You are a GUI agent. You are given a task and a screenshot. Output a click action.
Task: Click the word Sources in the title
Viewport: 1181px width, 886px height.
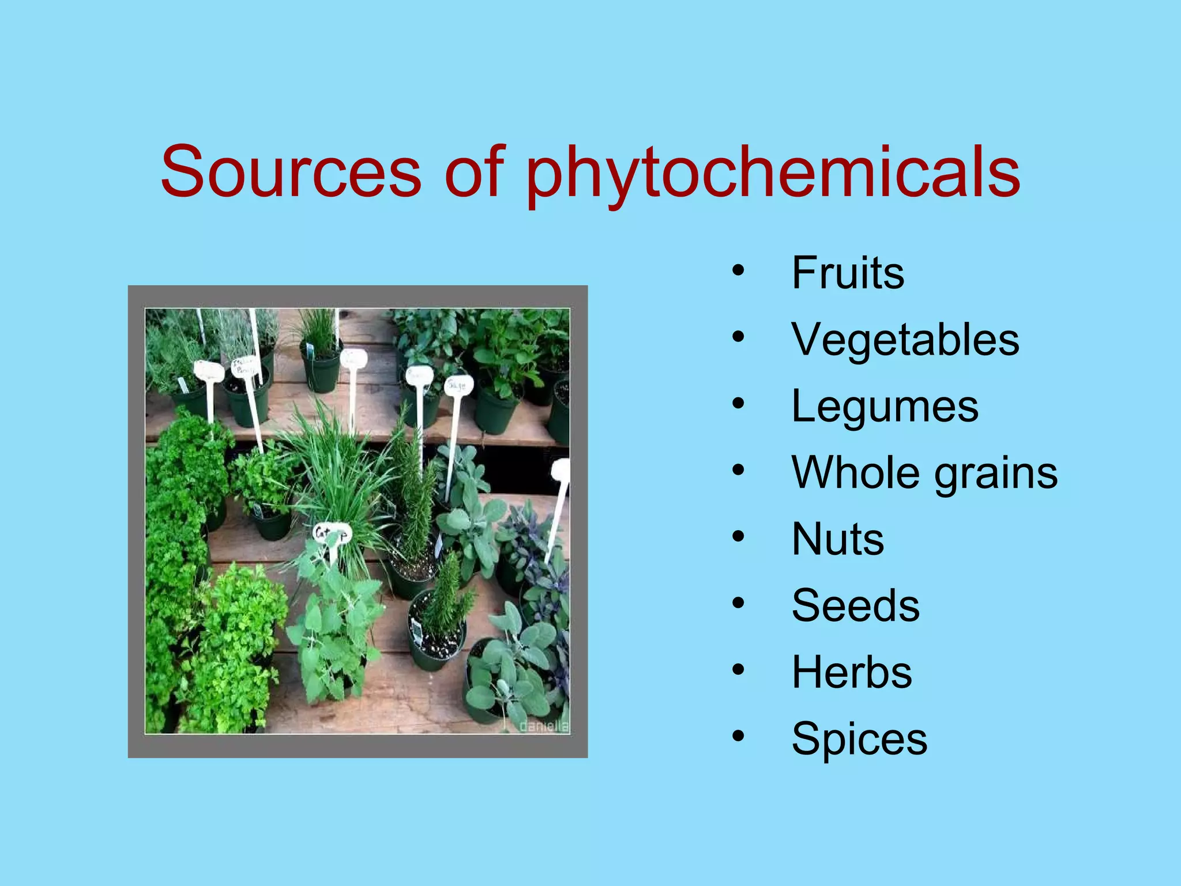291,172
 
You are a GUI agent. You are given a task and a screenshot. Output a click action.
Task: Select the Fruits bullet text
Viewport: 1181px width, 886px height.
848,273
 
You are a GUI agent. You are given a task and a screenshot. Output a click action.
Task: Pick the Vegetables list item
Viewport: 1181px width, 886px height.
905,340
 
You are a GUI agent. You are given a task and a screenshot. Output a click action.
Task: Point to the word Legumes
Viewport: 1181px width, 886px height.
885,407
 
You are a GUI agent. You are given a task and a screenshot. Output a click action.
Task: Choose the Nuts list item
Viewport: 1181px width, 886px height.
837,539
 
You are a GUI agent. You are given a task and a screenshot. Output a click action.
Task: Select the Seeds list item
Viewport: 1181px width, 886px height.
855,606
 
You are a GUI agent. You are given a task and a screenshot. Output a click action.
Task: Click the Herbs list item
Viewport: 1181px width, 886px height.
852,673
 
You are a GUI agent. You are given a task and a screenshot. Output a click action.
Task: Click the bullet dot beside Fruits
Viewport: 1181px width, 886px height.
739,271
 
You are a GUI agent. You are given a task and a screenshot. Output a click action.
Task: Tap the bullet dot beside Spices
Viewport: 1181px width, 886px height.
739,737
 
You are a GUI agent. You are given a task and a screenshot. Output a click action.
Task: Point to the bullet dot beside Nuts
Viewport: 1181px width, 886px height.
739,537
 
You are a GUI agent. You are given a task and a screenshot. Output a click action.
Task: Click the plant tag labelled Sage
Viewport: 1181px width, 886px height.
458,385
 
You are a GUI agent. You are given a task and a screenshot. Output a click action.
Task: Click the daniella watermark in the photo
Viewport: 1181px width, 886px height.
544,726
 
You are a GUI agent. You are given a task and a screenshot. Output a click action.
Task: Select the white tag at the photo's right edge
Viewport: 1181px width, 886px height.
561,470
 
